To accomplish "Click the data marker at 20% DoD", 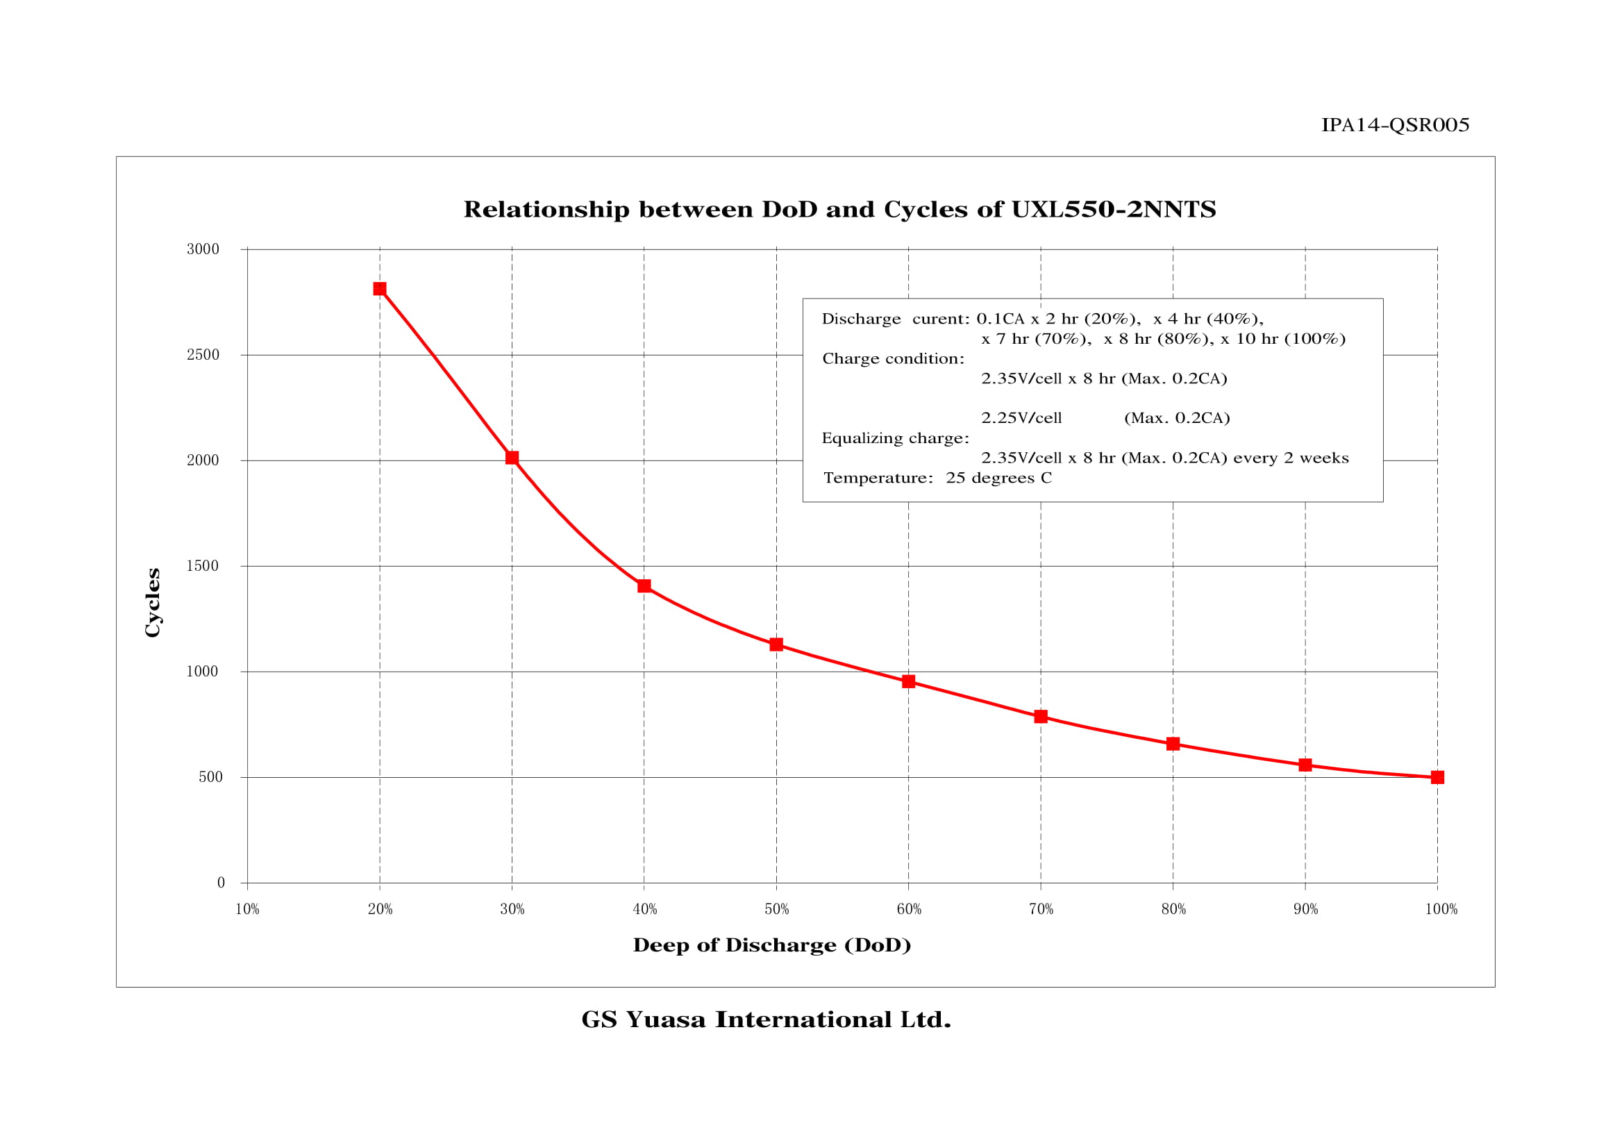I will point(380,289).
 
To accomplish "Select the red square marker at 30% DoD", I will point(512,458).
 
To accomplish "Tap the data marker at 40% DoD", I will point(644,585).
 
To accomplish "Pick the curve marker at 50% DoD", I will point(776,644).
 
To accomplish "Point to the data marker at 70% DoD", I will point(1041,717).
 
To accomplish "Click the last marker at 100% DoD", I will point(1437,777).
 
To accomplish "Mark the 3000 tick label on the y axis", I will point(203,249).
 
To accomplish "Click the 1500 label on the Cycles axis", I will point(203,566).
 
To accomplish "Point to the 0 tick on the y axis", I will point(221,883).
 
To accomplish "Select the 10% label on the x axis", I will point(247,910).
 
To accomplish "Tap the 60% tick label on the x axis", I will point(909,910).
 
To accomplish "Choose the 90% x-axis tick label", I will point(1306,910).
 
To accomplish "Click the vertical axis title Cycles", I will point(153,603).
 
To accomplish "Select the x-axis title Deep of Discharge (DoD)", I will point(771,946).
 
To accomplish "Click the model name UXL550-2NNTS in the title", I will point(1113,209).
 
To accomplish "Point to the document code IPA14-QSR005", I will point(1395,125).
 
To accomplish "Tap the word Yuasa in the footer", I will point(665,1020).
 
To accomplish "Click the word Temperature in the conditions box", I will point(877,478).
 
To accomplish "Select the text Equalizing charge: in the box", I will point(895,438).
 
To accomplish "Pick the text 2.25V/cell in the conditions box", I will point(1021,418).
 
